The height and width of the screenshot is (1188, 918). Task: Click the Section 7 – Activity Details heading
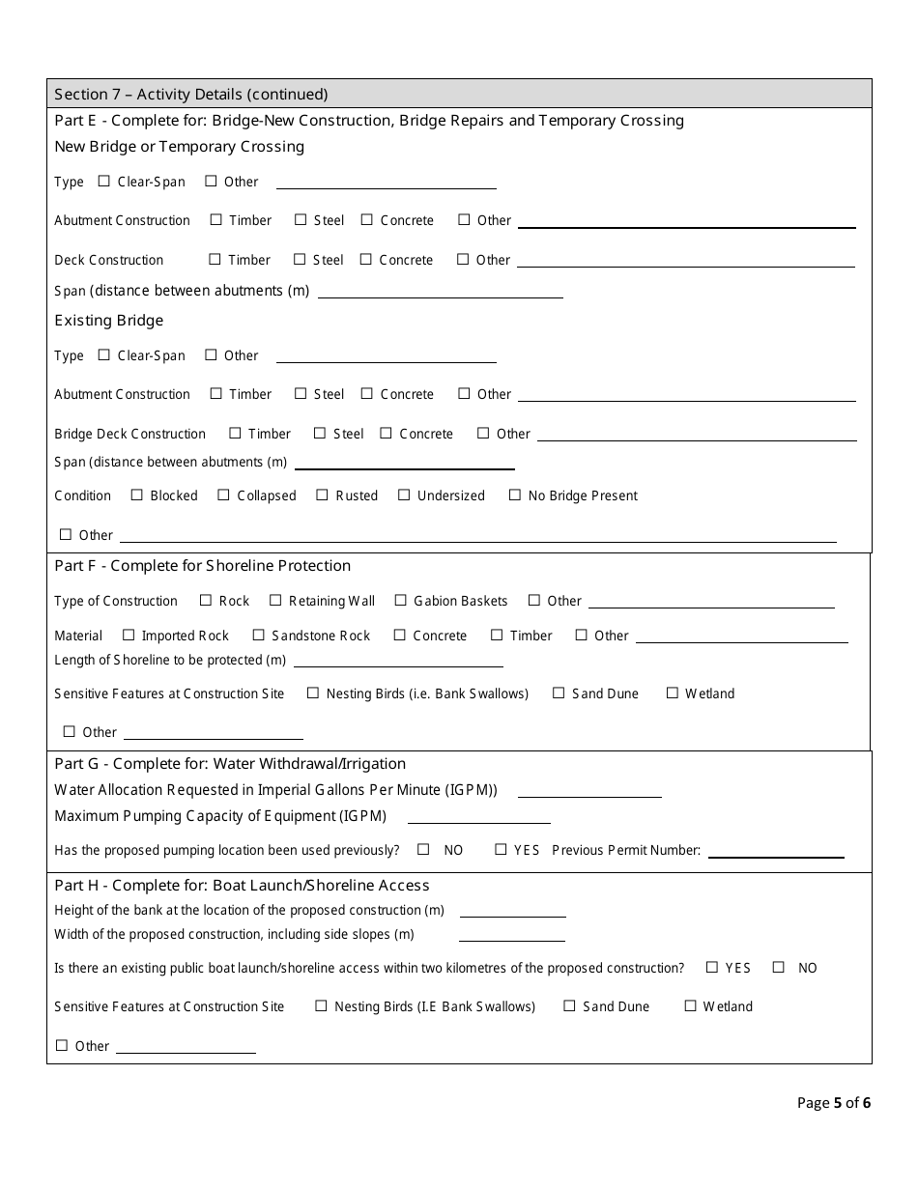(x=191, y=94)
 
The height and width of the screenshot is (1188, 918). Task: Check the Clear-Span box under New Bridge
(x=104, y=181)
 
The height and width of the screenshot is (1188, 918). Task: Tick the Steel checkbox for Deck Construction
(x=300, y=259)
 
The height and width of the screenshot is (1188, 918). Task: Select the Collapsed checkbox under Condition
(x=224, y=495)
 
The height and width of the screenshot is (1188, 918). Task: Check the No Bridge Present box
(x=515, y=495)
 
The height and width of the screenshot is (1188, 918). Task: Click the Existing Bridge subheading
(x=109, y=321)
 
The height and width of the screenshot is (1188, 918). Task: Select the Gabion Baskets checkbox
(x=400, y=600)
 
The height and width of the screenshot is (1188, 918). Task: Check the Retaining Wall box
(x=275, y=600)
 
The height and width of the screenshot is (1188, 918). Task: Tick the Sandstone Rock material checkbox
(x=258, y=635)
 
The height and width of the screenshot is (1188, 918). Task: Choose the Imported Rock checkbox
(x=129, y=635)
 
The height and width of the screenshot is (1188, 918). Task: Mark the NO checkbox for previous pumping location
(x=423, y=849)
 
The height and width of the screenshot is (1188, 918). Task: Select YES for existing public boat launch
(x=712, y=967)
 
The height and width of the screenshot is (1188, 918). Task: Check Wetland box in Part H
(x=690, y=1005)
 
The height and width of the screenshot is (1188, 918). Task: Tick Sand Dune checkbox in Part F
(x=559, y=693)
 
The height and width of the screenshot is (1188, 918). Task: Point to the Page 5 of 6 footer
(x=834, y=1102)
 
